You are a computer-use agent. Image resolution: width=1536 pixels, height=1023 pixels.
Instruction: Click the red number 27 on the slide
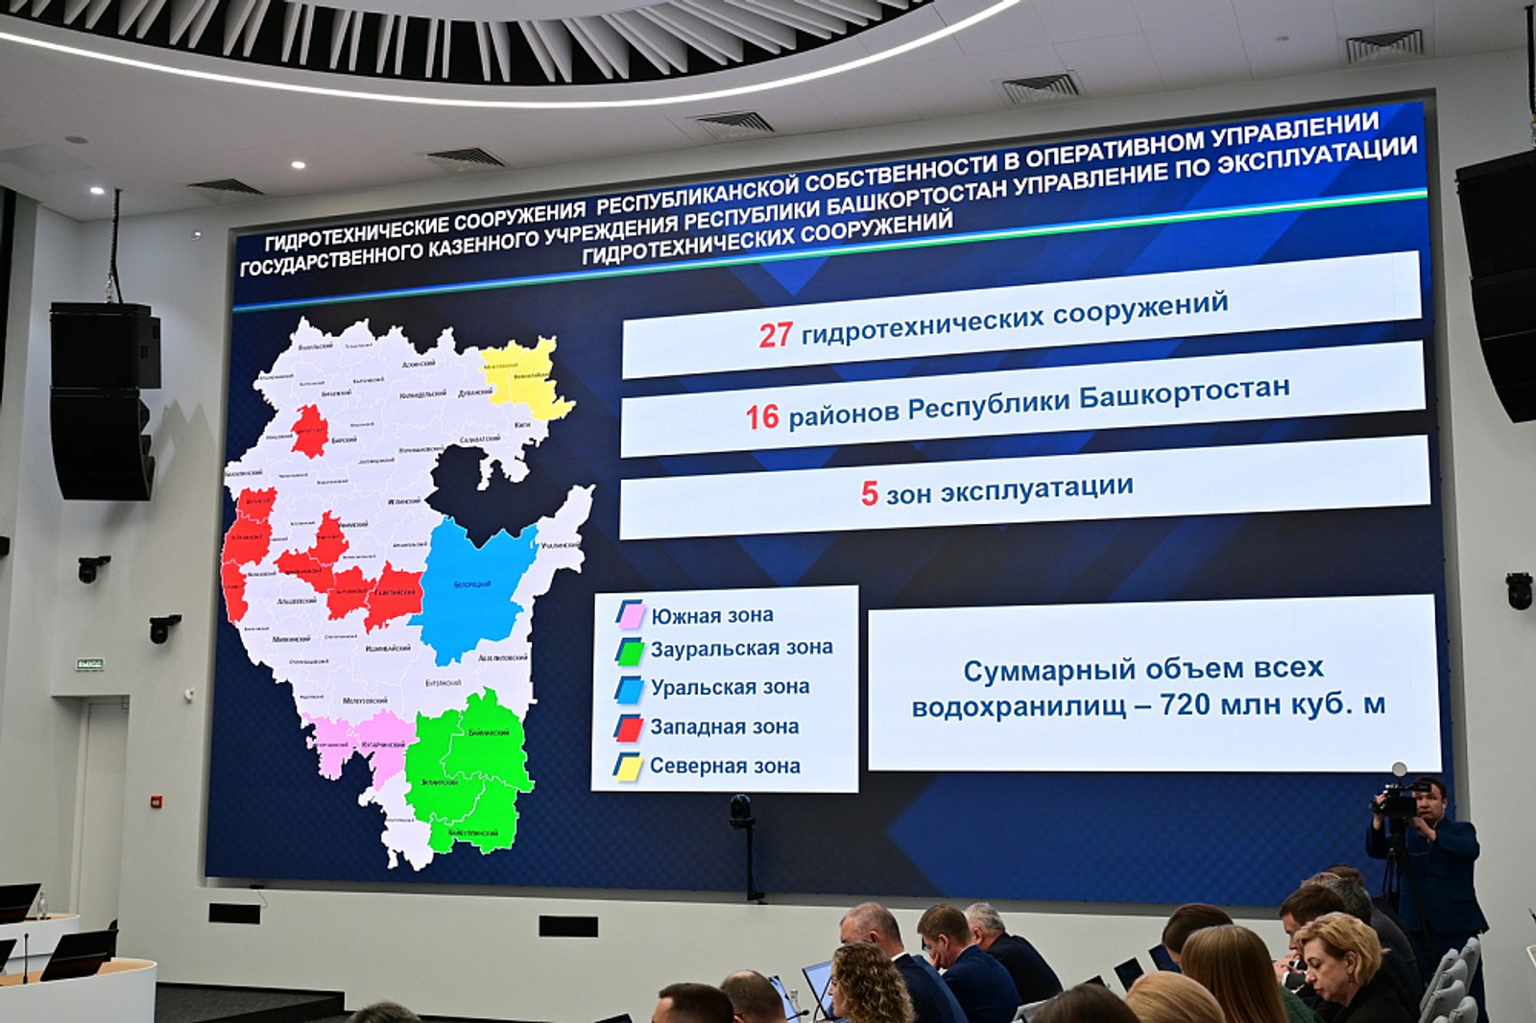point(776,335)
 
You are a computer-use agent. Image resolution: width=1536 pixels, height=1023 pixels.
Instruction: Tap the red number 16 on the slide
point(762,416)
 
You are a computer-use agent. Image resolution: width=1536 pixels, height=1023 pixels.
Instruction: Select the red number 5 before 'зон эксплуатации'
point(869,493)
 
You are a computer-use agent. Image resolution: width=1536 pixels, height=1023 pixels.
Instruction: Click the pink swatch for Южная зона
point(630,614)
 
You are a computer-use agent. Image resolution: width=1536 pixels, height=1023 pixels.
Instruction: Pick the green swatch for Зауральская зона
point(630,652)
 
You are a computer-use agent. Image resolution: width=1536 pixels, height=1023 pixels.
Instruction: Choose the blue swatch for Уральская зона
point(630,689)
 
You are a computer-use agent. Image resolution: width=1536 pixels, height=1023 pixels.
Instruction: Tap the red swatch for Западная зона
point(630,727)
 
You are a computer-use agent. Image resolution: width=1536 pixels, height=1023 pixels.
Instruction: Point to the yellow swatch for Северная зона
point(629,767)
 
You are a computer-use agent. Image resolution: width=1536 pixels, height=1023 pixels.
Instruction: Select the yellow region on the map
point(524,379)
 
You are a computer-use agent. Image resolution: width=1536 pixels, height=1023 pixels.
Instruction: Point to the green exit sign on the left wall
point(89,664)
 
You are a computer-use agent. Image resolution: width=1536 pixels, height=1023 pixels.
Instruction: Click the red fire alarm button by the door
point(156,801)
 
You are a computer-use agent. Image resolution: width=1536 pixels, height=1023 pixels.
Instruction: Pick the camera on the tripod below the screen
point(741,812)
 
